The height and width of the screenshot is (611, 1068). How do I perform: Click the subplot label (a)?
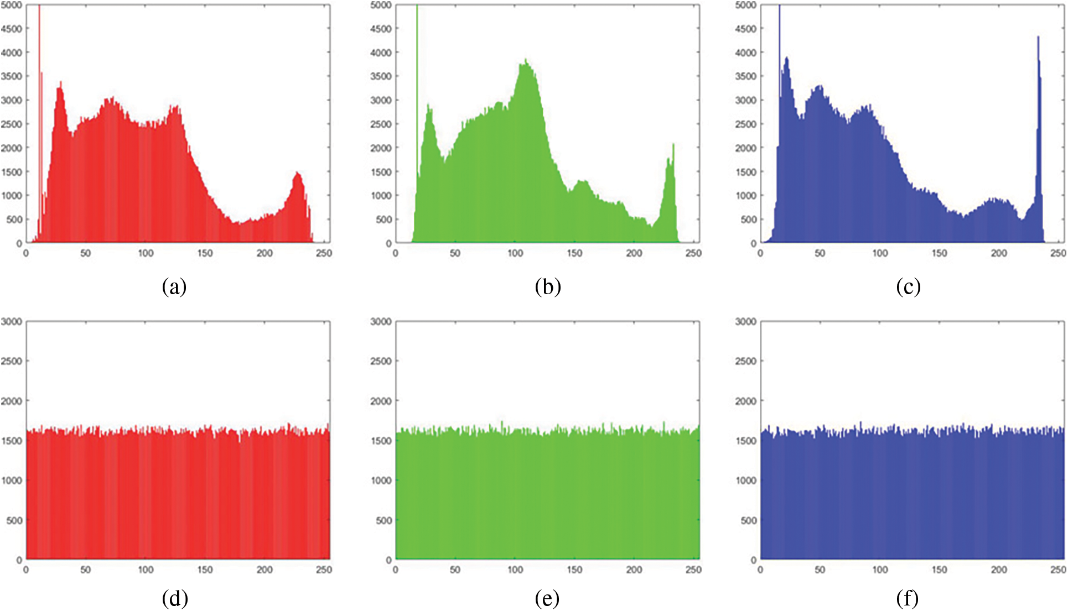[x=174, y=286]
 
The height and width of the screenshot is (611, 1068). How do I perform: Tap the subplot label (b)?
[x=548, y=286]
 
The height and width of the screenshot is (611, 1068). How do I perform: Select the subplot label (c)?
[x=908, y=286]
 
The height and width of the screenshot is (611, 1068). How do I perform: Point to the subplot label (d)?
[x=175, y=598]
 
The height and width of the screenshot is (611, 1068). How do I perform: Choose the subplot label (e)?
[x=547, y=598]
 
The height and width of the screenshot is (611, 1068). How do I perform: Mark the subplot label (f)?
[x=908, y=598]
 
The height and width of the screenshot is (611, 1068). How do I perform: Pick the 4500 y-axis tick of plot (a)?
[x=12, y=29]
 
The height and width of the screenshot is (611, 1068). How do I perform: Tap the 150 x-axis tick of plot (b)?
[x=574, y=253]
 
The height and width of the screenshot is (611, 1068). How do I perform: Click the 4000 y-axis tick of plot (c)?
[x=745, y=53]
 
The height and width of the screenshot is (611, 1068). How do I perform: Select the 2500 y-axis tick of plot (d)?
[x=12, y=361]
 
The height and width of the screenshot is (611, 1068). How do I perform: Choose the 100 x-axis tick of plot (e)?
[x=515, y=570]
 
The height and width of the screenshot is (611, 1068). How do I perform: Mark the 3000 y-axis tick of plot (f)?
[x=745, y=321]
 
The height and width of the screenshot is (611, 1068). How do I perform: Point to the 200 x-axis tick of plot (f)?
[x=999, y=570]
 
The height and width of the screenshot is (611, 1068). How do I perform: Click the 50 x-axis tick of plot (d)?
[x=85, y=570]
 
